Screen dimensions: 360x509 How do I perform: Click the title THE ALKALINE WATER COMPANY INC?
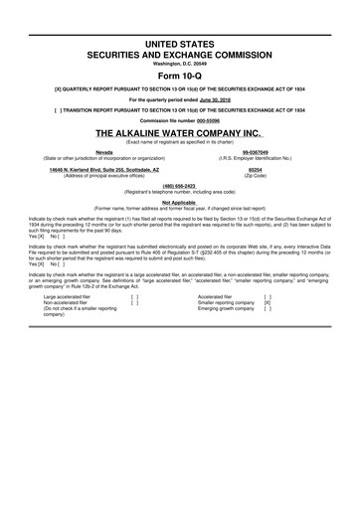coord(179,132)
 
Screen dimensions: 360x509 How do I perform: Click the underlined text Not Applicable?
coord(179,202)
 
